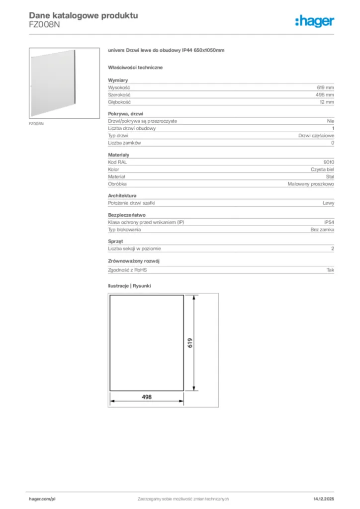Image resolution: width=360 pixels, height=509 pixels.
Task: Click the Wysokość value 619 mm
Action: point(325,87)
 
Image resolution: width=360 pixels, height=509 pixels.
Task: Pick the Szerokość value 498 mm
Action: point(325,94)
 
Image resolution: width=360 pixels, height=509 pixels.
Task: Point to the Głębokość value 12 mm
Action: point(327,102)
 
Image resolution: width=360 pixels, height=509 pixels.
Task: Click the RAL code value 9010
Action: point(329,162)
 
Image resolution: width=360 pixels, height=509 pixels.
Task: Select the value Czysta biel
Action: point(323,170)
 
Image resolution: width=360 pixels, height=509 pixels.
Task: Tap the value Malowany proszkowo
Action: point(311,184)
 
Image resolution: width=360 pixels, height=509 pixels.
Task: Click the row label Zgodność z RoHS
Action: point(128,270)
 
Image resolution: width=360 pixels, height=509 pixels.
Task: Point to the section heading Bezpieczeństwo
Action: point(127,215)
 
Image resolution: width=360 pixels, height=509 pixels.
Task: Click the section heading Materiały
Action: point(119,155)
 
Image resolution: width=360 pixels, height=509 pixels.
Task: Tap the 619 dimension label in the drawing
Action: point(190,343)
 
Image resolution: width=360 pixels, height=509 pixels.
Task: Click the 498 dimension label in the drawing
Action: point(146,397)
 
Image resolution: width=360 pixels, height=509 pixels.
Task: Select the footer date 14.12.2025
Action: point(324,499)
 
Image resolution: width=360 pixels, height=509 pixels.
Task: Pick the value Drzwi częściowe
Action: point(316,136)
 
